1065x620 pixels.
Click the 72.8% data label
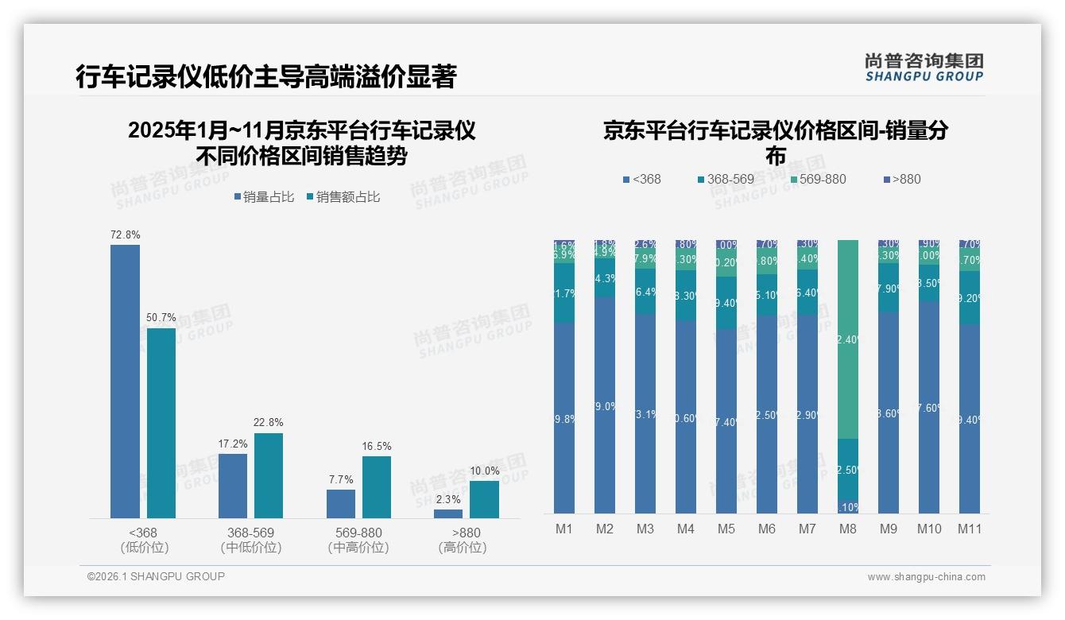point(125,235)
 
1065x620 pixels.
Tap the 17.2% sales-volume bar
point(233,486)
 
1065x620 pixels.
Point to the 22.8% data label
point(269,422)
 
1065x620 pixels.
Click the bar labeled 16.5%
point(377,486)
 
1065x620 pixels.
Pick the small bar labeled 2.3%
point(448,513)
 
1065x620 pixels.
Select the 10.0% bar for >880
point(484,499)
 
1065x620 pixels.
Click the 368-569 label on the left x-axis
point(250,533)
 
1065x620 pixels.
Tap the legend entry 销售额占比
point(343,197)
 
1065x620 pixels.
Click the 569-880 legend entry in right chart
point(816,180)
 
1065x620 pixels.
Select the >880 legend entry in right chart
point(902,180)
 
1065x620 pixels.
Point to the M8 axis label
point(848,529)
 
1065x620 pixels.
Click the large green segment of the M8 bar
point(848,339)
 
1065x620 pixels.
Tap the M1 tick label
point(563,529)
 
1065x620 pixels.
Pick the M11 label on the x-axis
point(969,529)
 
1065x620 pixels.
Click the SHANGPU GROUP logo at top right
point(924,67)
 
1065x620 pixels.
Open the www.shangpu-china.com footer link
point(926,577)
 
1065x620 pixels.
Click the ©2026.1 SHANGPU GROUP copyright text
point(156,576)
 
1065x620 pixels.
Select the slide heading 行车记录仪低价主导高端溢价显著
point(266,77)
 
